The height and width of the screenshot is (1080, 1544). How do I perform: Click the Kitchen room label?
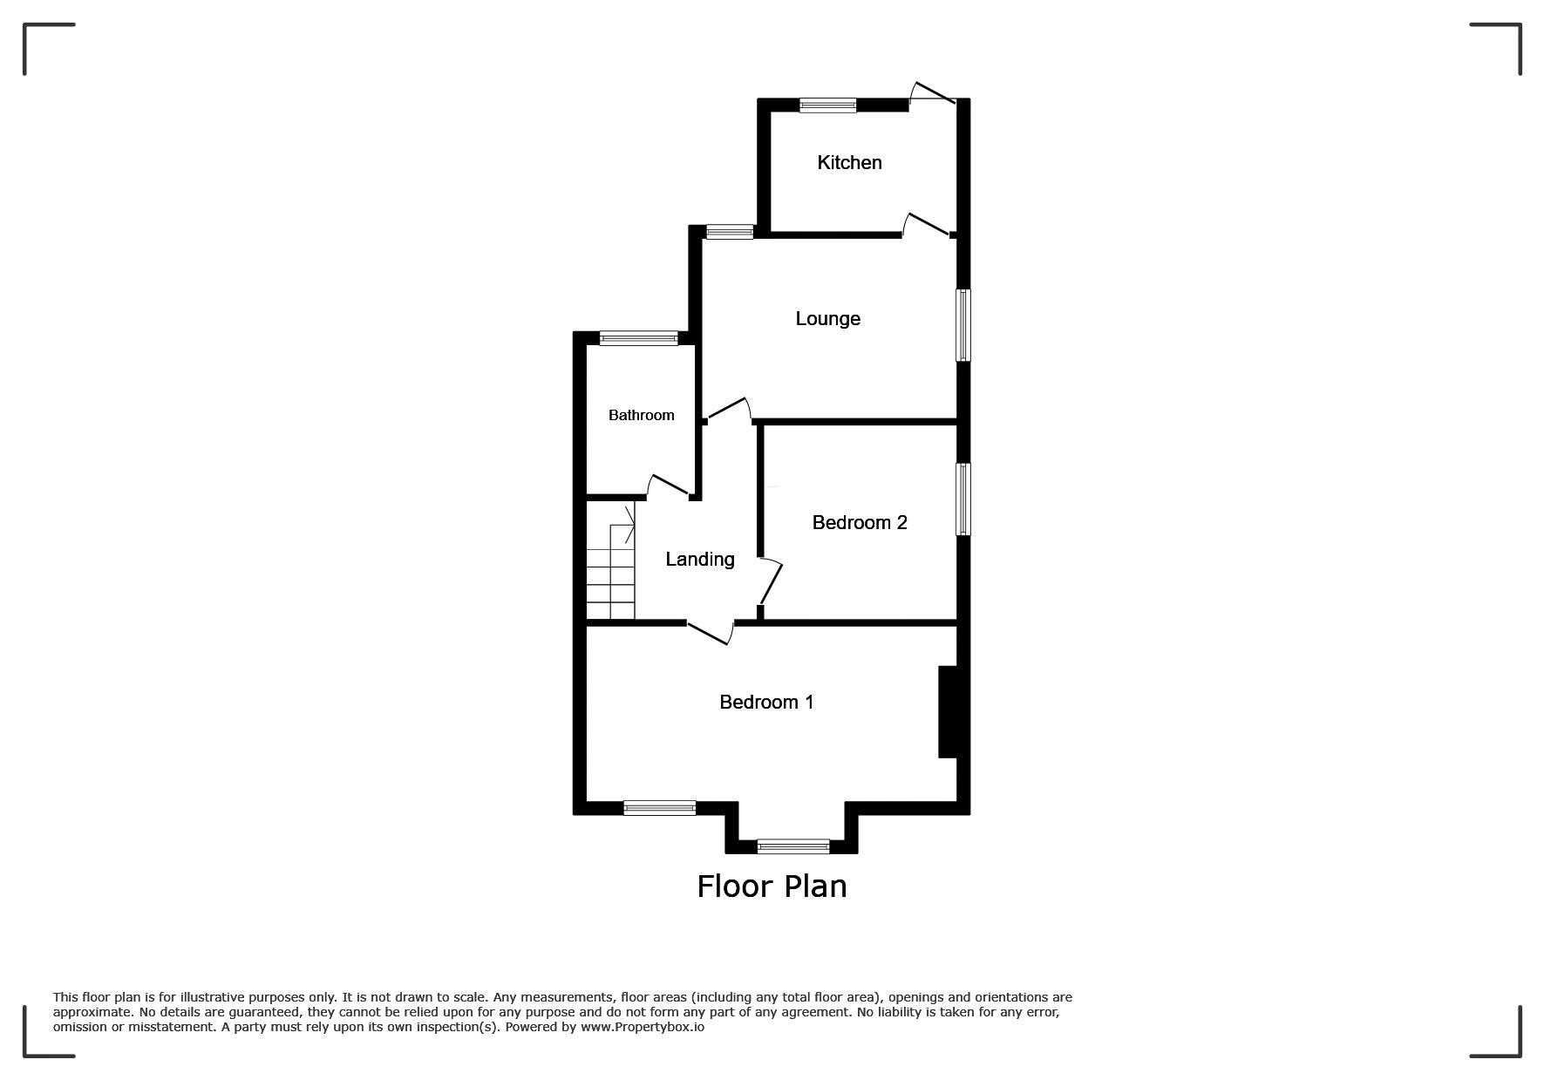click(849, 163)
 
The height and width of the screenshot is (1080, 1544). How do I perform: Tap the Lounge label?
click(827, 319)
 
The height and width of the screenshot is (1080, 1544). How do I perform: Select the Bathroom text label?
click(641, 415)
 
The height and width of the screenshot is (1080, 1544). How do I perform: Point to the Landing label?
click(700, 560)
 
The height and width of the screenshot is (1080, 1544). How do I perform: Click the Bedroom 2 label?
click(860, 522)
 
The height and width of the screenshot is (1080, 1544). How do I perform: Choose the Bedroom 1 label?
click(766, 702)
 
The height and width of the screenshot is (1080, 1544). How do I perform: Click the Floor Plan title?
click(772, 886)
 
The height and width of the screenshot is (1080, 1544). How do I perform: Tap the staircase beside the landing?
click(610, 563)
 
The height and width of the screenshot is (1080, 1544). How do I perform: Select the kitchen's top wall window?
click(828, 105)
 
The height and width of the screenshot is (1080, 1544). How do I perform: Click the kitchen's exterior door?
click(933, 93)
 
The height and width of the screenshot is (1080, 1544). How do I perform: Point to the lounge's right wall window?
click(963, 325)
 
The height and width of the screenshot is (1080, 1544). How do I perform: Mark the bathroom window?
click(638, 338)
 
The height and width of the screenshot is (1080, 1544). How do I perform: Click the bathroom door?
click(668, 486)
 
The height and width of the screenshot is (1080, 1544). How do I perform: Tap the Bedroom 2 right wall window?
click(963, 499)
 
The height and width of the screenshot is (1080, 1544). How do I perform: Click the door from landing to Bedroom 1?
click(710, 634)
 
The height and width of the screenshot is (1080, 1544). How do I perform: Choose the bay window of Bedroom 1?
click(793, 846)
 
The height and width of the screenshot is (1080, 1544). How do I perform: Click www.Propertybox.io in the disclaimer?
click(643, 1027)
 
